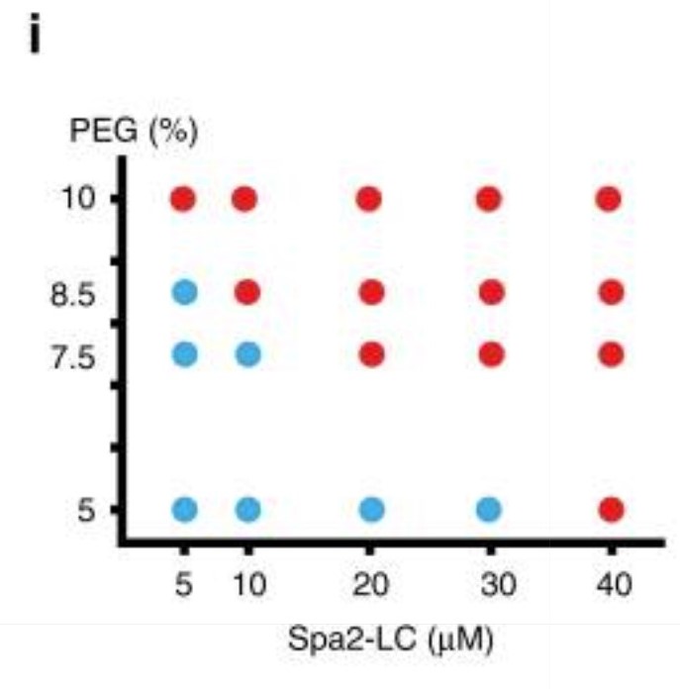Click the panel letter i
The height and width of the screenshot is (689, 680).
point(35,34)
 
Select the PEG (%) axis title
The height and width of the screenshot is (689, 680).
point(134,131)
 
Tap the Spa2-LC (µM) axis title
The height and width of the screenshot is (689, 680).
point(391,640)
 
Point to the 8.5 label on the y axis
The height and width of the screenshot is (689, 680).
point(73,294)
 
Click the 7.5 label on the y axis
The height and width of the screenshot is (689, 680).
point(73,356)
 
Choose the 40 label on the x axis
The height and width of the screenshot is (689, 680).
point(614,585)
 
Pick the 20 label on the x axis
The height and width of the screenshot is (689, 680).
point(371,585)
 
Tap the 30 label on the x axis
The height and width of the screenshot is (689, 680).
point(498,585)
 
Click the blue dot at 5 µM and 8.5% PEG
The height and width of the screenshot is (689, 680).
point(184,292)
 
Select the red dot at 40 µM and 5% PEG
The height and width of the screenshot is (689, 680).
point(611,510)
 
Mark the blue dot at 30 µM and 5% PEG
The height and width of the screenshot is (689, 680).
point(489,510)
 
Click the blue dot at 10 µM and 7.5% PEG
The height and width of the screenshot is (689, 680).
point(248,354)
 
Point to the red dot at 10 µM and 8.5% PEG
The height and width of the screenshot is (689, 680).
point(246,292)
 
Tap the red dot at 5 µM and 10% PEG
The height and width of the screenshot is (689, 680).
point(183,199)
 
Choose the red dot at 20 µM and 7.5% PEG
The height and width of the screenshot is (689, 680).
point(372,354)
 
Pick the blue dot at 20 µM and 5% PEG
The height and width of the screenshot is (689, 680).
point(372,510)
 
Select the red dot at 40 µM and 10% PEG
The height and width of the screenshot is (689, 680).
point(609,199)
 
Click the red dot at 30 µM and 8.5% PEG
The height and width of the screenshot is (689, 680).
point(492,292)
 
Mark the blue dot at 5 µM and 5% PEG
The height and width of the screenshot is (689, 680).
point(184,510)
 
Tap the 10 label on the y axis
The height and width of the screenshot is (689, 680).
point(78,198)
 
